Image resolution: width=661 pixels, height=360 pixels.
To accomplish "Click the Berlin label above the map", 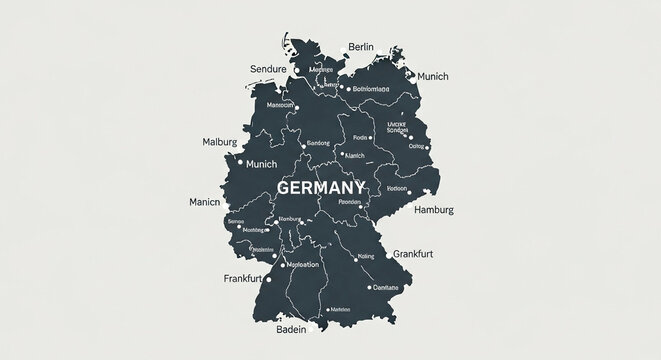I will [360, 46].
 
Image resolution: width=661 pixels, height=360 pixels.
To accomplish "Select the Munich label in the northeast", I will [438, 76].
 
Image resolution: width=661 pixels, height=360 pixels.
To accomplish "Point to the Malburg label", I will [220, 142].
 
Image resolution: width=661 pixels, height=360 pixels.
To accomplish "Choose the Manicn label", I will [204, 201].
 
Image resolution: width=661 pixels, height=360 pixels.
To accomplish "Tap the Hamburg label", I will [433, 210].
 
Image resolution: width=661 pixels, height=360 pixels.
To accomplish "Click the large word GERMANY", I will [321, 188].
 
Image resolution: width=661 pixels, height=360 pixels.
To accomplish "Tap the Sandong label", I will [317, 143].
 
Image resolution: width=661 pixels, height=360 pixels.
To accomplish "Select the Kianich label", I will [354, 155].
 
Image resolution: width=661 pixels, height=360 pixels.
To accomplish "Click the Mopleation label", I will [302, 265].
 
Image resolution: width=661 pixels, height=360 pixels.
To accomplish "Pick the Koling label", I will [365, 256].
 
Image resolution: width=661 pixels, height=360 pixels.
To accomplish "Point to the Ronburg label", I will [289, 219].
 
